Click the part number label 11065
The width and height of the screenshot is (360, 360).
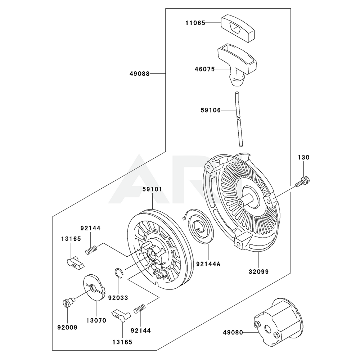[x=195, y=23]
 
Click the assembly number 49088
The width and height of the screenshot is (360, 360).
[x=140, y=73]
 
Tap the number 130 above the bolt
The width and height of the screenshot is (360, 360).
[x=303, y=157]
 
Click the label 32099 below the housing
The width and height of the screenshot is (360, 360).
[x=258, y=272]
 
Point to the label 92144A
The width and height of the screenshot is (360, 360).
[x=208, y=264]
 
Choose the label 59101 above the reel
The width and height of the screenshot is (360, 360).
[x=152, y=188]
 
